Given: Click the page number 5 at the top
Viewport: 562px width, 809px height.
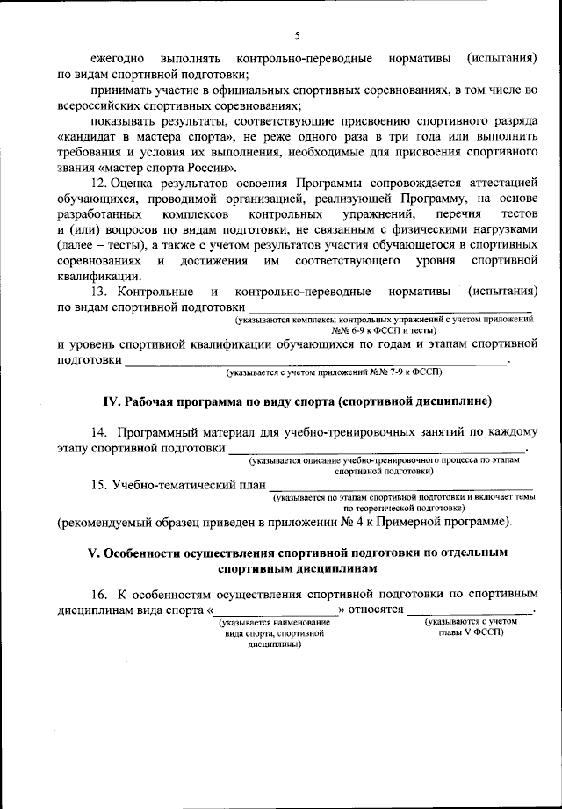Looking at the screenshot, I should click(298, 35).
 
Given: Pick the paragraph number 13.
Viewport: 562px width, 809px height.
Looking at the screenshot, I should click(99, 291).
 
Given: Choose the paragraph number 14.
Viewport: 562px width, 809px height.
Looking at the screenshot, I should click(99, 432).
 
